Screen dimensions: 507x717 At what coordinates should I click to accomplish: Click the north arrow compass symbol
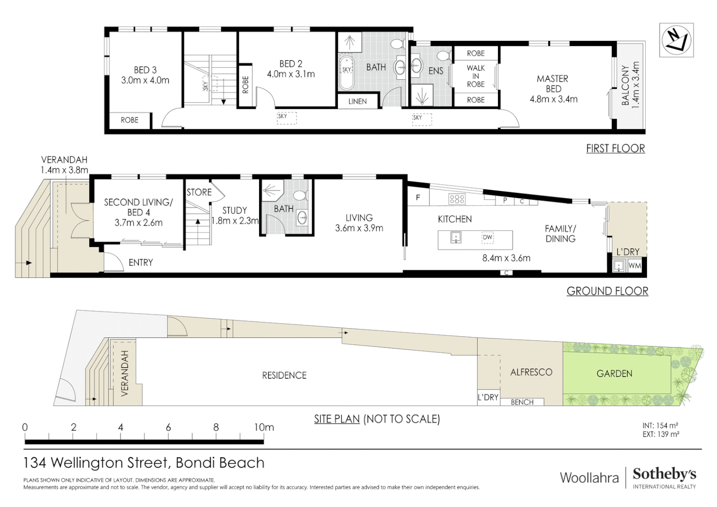[x=676, y=40]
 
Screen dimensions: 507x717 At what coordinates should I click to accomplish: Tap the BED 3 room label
[x=145, y=75]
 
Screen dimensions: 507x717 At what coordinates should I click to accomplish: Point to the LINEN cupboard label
[x=358, y=101]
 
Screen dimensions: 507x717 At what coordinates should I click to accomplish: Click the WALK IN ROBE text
[x=475, y=76]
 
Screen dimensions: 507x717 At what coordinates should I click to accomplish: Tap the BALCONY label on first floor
[x=630, y=85]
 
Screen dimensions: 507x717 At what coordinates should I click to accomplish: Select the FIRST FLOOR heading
[x=615, y=149]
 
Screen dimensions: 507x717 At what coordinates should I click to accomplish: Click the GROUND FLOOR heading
[x=607, y=291]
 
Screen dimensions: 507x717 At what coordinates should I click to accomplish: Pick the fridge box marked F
[x=418, y=198]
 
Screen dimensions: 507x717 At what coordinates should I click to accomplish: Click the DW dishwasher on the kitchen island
[x=488, y=238]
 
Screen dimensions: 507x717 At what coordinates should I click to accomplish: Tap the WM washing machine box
[x=634, y=266]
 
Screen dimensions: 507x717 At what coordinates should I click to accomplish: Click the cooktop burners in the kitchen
[x=457, y=199]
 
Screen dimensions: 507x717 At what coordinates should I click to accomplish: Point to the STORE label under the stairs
[x=199, y=192]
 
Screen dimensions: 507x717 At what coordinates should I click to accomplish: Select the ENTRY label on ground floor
[x=141, y=263]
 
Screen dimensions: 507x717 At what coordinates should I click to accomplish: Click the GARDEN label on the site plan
[x=614, y=374]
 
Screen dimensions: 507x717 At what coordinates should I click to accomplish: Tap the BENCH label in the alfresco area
[x=522, y=402]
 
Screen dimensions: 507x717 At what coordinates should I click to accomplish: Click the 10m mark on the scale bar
[x=264, y=428]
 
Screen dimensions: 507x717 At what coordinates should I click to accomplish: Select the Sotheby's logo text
[x=664, y=474]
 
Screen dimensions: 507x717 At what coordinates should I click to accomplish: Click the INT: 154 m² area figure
[x=660, y=426]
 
